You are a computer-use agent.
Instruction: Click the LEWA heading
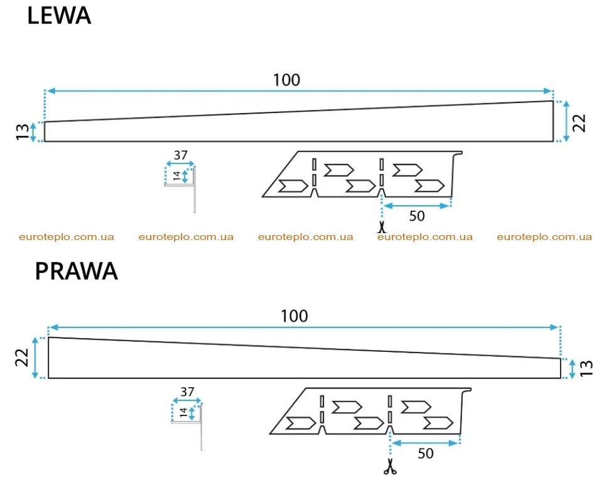(59, 16)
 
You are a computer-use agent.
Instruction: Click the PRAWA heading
(76, 271)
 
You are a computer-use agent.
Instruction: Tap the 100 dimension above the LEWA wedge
(287, 80)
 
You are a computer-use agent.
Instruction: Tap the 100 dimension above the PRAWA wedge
(294, 316)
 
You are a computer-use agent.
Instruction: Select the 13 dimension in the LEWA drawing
(23, 132)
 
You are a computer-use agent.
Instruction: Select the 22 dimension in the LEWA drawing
(579, 123)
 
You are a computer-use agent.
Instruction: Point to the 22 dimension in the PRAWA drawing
(22, 358)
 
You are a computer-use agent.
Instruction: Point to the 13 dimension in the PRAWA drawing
(586, 368)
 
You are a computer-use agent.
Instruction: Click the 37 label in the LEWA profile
(181, 155)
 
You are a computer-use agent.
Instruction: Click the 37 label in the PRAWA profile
(187, 392)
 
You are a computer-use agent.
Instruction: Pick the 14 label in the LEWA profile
(177, 176)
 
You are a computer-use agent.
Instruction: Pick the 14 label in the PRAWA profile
(184, 412)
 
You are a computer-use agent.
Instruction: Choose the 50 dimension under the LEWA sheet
(417, 216)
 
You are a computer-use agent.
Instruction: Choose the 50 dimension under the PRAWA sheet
(426, 453)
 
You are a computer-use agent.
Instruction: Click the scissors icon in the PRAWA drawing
(390, 466)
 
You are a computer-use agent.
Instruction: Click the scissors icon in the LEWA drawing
(382, 227)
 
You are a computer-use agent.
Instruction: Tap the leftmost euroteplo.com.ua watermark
(67, 237)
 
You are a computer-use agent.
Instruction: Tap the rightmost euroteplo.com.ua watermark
(544, 237)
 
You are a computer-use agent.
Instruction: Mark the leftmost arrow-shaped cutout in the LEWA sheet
(293, 186)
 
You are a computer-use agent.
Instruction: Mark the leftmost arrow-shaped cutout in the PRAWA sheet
(301, 424)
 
